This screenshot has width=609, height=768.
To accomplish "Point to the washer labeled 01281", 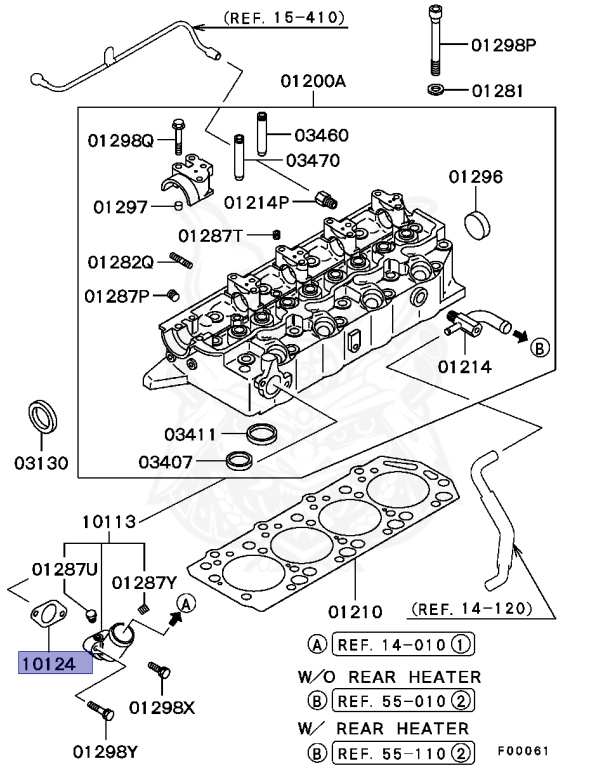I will pos(438,91).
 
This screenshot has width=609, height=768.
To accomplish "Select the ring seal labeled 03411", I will pos(263,433).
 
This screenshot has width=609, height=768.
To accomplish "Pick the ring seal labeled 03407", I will pos(239,460).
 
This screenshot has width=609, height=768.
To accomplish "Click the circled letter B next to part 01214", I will pos(539,347).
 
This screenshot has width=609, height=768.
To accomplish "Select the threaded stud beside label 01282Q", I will pos(180,262).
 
